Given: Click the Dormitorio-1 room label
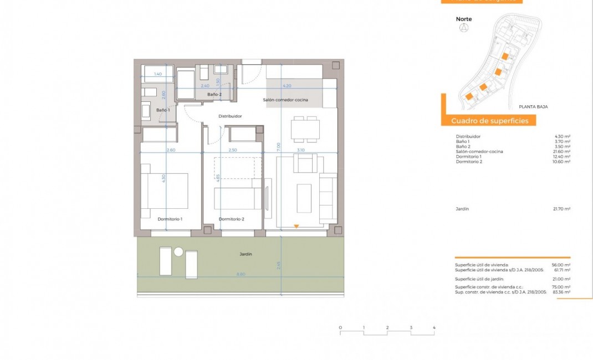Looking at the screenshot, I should (x=170, y=219).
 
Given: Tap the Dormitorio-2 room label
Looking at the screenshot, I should (x=231, y=219).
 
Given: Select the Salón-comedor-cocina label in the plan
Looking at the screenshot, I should (x=285, y=100).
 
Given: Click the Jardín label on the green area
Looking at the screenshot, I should (x=246, y=254).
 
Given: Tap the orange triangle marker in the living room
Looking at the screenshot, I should (x=296, y=226).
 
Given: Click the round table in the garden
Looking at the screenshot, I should (x=178, y=251).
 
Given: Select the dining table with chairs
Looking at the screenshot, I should (x=305, y=130).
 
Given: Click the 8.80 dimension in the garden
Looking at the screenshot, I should (x=241, y=274).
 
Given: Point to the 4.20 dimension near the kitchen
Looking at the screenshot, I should (x=287, y=86).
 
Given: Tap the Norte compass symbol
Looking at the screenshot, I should (x=463, y=29).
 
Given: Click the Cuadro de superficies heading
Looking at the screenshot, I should (x=489, y=121).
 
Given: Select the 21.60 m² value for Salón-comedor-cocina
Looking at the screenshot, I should (x=561, y=152).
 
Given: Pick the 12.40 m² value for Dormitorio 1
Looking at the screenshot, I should (x=561, y=157).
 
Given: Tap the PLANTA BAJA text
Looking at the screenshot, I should (x=533, y=106).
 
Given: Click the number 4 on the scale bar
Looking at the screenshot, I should (x=434, y=328).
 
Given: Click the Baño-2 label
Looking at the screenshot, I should (x=214, y=95).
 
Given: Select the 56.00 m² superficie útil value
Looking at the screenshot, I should (x=561, y=265).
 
